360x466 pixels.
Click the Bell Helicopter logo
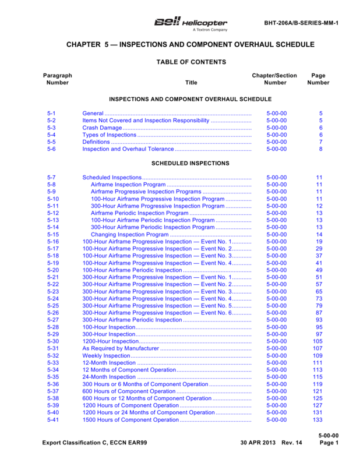coord(190,23)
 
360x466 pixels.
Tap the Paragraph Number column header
coord(58,79)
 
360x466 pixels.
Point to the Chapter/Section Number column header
coord(274,79)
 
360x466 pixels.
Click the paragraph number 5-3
coord(51,128)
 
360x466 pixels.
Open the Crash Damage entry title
coord(102,128)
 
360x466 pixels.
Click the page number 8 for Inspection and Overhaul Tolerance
coord(320,149)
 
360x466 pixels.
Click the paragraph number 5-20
coord(52,270)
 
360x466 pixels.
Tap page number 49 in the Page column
coord(319,270)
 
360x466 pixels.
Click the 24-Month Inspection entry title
coord(109,377)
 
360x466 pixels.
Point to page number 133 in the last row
coord(317,420)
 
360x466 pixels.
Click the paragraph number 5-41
coord(52,420)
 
